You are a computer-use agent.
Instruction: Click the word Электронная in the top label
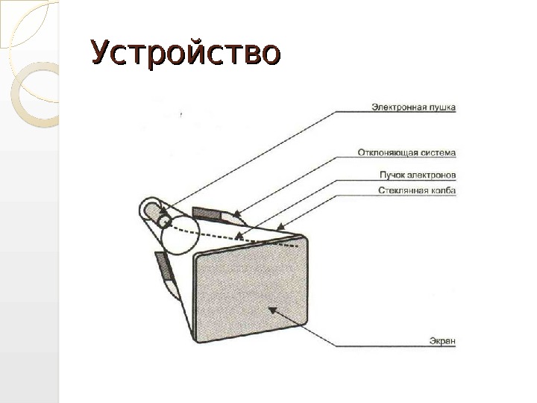398,107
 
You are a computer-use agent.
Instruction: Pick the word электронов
432,175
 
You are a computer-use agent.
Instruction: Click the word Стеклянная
399,191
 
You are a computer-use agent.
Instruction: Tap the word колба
442,191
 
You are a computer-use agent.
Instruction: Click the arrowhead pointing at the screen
271,307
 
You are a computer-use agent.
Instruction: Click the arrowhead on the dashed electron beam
239,237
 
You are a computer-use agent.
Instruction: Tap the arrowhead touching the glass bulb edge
280,225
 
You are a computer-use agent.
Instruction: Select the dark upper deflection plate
207,213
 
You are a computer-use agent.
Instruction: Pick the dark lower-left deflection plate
161,264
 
